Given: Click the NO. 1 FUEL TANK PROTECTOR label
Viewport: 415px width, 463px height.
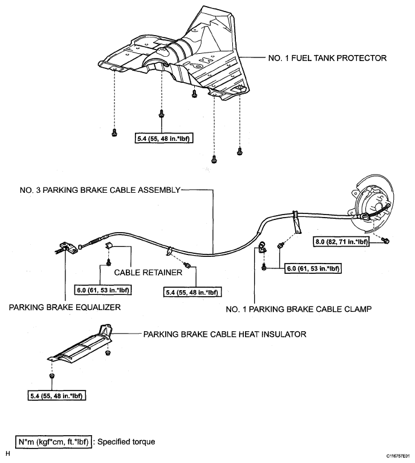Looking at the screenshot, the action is (327, 58).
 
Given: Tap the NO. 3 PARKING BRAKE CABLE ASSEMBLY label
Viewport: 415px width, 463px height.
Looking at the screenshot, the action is (100, 190).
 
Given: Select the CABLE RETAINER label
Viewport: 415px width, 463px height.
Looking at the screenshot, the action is (148, 272).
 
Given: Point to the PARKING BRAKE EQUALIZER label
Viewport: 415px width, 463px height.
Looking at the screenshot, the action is (65, 307).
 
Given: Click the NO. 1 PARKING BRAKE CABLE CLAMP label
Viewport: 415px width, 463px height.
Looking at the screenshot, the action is (298, 309).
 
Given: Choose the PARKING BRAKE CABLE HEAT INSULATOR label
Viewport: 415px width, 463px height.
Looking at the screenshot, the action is (224, 334).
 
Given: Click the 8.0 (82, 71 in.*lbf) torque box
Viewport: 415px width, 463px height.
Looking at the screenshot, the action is (341, 242).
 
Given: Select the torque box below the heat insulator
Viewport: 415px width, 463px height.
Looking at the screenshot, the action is (56, 396).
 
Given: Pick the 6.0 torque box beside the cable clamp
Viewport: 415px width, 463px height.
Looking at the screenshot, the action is (313, 268).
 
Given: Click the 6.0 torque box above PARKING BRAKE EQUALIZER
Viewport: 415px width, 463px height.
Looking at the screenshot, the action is (103, 290).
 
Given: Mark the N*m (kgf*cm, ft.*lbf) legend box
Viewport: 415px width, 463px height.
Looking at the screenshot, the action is (53, 442).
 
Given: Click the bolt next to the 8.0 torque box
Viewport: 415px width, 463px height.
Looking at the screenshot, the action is (385, 241).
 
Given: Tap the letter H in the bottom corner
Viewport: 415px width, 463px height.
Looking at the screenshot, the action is (7, 453).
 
